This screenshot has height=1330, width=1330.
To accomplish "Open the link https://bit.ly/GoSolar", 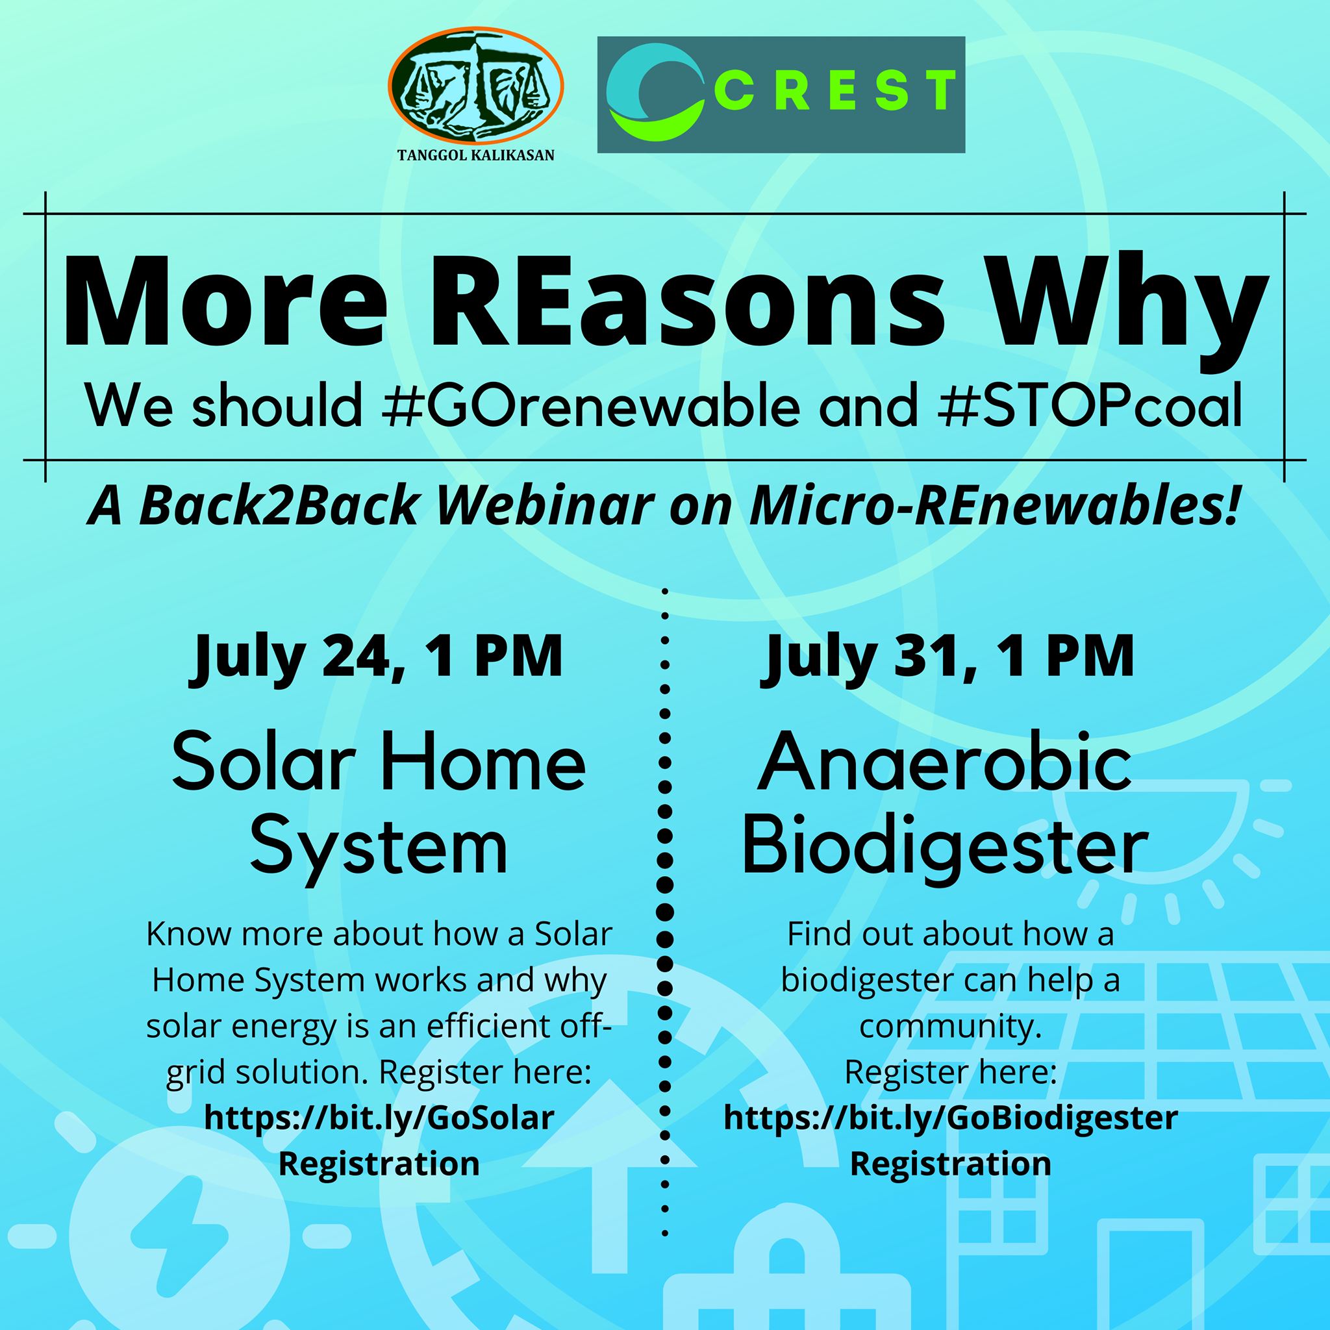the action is (379, 1118).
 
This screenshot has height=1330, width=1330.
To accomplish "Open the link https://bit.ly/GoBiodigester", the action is (951, 1119).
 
